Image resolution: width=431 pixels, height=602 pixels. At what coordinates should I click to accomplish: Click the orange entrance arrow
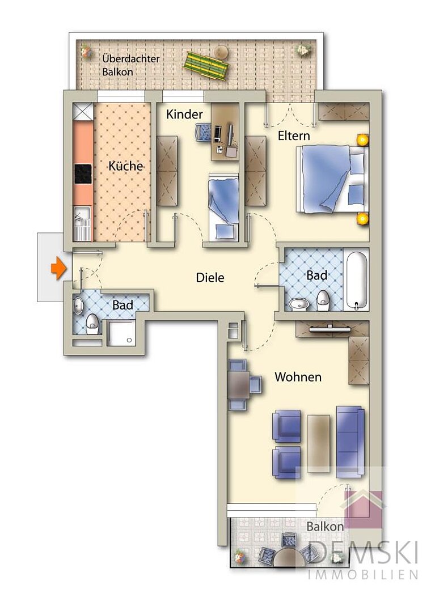58,268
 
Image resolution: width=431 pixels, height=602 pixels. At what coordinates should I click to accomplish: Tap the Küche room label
125,166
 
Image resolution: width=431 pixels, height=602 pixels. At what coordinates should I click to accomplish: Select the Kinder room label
184,114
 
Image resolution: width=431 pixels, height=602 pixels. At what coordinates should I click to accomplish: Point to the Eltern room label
294,135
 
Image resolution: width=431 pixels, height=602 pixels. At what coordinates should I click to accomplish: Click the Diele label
210,278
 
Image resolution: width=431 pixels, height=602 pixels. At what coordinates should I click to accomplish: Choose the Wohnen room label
298,376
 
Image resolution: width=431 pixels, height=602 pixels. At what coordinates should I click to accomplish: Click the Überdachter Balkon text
130,65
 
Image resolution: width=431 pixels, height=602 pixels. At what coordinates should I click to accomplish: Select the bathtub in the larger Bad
357,280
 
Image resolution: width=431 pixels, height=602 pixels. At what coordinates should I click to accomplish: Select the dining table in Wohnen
239,385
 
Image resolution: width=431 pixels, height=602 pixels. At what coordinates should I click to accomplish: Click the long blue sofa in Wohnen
350,442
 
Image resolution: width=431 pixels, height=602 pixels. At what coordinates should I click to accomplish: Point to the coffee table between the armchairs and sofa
319,443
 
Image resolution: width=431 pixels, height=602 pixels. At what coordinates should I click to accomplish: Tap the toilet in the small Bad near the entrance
92,324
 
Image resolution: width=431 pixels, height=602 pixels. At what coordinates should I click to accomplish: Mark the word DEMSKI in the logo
362,552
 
